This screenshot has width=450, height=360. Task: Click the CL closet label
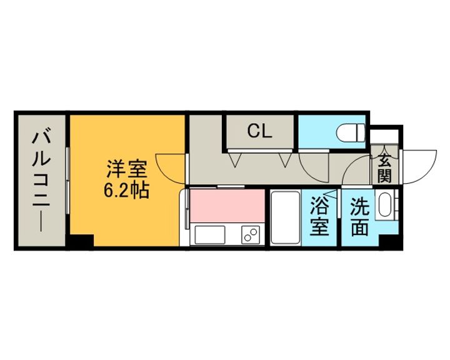click(259, 131)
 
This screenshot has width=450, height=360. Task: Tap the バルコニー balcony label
click(41, 181)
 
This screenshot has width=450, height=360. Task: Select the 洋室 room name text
click(127, 169)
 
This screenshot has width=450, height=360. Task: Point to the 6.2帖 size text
click(126, 190)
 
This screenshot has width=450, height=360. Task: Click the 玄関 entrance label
click(384, 168)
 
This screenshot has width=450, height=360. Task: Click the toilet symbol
click(351, 132)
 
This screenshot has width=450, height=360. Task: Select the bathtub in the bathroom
click(286, 217)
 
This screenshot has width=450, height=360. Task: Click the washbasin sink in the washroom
click(386, 205)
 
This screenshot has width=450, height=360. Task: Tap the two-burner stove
click(251, 234)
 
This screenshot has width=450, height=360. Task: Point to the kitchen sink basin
click(210, 235)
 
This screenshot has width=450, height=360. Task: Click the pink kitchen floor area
click(227, 206)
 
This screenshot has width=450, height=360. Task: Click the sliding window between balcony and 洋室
click(67, 180)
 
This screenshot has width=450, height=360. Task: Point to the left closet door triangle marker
click(236, 159)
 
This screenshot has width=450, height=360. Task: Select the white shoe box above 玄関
click(384, 137)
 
